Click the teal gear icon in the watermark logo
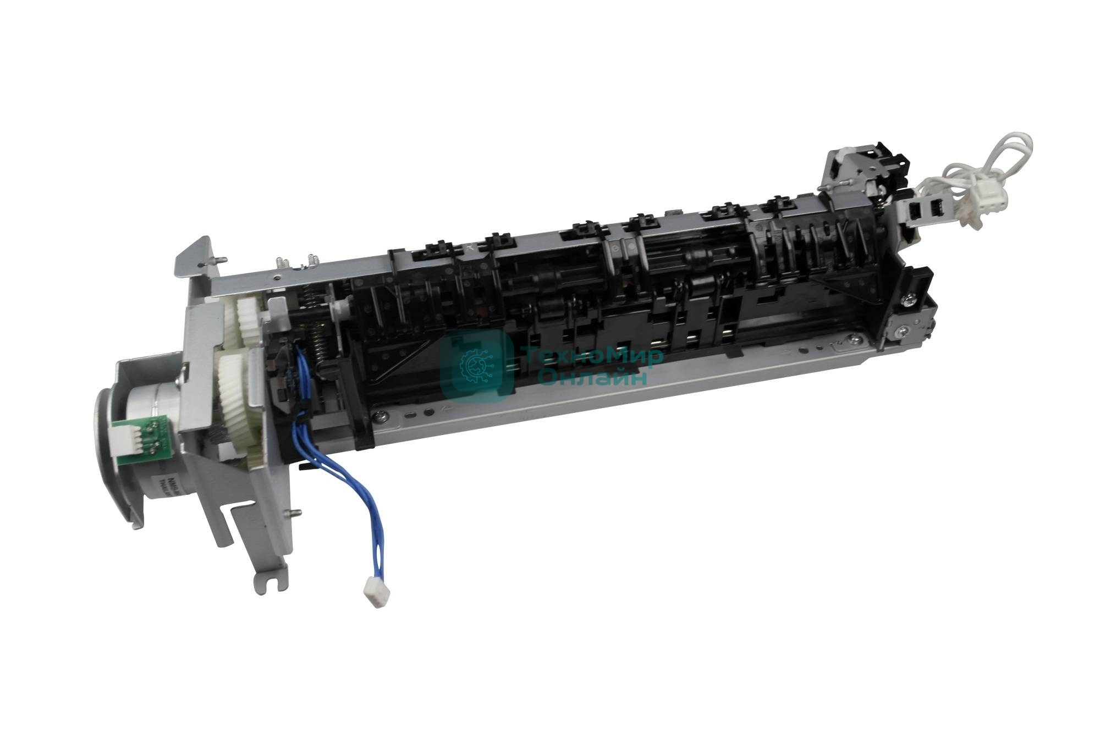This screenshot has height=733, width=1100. pos(476,363)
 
